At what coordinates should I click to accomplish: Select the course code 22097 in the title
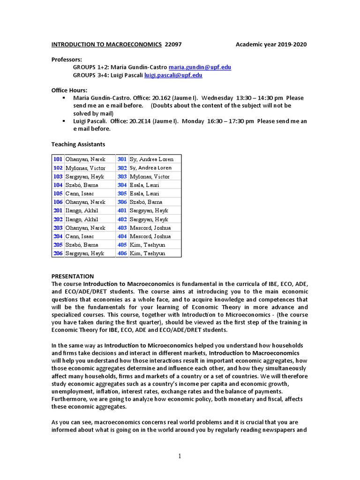coord(173,45)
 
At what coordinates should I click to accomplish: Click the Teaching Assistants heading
coord(78,144)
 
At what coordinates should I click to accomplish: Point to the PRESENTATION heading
coord(72,277)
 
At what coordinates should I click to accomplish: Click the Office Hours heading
coord(69,90)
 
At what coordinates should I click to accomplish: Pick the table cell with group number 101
coord(58,159)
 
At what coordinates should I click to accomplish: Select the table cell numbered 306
coord(122,202)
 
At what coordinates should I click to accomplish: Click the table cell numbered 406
coord(122,253)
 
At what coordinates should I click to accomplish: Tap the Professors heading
coord(66,60)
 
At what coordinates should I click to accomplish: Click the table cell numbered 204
coord(58,236)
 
